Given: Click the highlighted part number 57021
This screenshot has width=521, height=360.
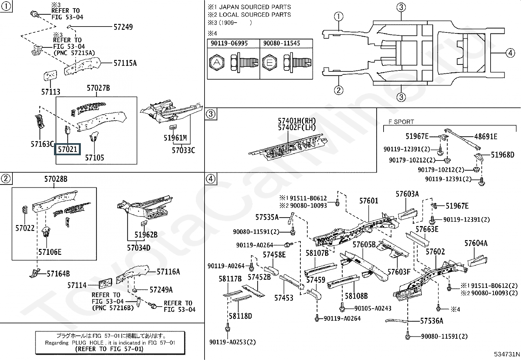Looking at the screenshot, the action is (67, 149).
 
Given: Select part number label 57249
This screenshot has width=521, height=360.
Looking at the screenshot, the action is (123, 27).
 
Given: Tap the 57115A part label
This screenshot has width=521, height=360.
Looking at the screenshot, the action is (125, 63).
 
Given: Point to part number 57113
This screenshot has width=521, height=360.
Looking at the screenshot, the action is (51, 92).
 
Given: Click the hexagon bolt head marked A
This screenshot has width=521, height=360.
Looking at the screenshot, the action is (217, 63).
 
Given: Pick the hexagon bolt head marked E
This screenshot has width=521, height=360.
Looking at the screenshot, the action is (270, 63).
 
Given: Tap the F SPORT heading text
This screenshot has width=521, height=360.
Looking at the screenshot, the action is (401, 122).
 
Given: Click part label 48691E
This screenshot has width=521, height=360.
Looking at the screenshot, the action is (486, 137).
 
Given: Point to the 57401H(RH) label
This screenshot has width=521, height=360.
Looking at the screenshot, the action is (297, 121).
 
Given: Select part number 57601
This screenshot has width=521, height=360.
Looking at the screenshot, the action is (368, 201).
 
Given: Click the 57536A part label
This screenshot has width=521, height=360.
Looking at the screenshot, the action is (432, 321).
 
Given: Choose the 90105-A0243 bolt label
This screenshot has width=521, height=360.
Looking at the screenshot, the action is (373, 308).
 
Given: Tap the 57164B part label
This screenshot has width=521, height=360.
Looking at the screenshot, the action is (58, 274).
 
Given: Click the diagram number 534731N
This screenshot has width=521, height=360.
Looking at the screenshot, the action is (507, 354).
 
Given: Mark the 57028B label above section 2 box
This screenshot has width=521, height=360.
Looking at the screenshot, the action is (56, 179).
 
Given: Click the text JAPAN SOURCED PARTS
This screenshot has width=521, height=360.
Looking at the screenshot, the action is (255, 7).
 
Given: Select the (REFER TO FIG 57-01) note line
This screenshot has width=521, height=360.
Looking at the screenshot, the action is (109, 349).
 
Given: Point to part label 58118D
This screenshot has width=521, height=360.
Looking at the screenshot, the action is (241, 316).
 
